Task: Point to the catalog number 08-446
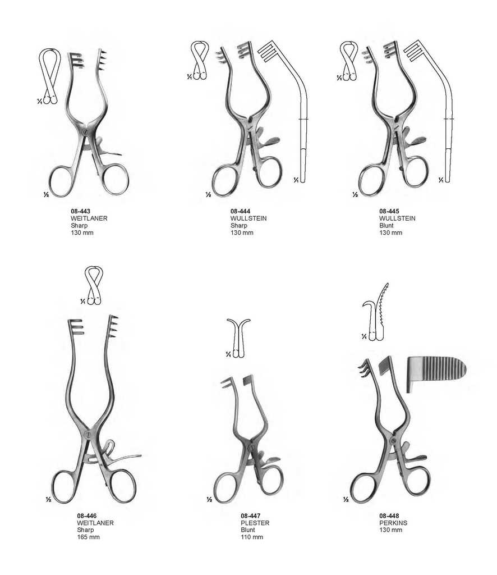click(x=86, y=515)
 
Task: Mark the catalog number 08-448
click(x=389, y=515)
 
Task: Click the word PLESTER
click(x=255, y=523)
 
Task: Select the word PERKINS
click(x=393, y=523)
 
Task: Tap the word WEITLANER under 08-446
click(x=95, y=523)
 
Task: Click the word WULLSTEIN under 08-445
click(x=397, y=218)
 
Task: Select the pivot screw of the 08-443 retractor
click(x=84, y=132)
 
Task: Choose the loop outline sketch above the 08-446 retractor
click(x=93, y=285)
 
